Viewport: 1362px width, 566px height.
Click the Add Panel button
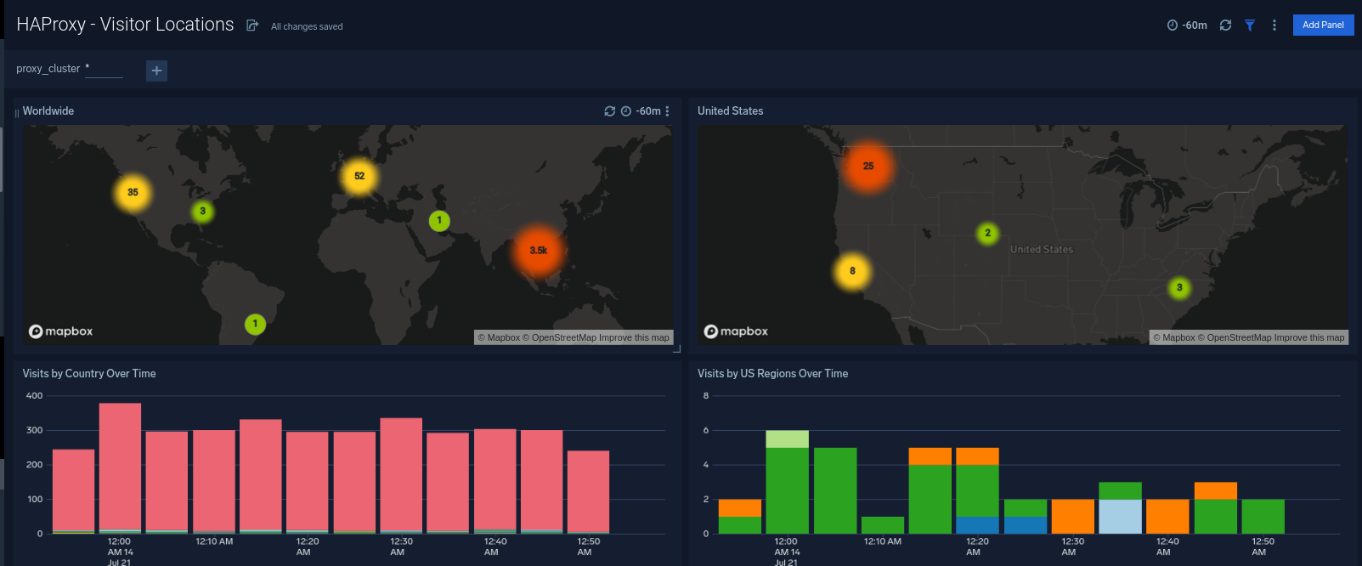tap(1323, 25)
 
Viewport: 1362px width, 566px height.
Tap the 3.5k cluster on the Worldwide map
tap(538, 251)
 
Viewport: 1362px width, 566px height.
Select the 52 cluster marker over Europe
tap(359, 176)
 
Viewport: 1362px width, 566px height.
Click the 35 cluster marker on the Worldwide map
tap(133, 192)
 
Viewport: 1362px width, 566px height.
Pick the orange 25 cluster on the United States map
tap(867, 166)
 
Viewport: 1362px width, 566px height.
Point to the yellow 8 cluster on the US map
tap(852, 271)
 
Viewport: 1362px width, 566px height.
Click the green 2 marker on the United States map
tap(987, 233)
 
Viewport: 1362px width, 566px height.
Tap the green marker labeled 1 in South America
tap(255, 324)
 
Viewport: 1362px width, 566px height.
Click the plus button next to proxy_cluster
tap(156, 71)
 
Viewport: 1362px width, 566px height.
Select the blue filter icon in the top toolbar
tap(1250, 25)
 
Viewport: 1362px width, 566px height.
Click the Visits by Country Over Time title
tap(89, 373)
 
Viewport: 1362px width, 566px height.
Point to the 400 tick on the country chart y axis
tap(34, 396)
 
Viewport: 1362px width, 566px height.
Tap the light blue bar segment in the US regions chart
tap(1120, 516)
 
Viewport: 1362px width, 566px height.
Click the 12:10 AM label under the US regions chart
tap(882, 541)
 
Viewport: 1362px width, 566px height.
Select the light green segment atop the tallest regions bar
tap(787, 439)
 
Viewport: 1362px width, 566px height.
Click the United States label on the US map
tap(1041, 249)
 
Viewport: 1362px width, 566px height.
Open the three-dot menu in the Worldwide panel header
tap(667, 111)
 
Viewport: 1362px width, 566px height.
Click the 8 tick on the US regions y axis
tap(705, 396)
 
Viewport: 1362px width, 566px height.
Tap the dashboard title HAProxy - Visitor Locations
tap(125, 25)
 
